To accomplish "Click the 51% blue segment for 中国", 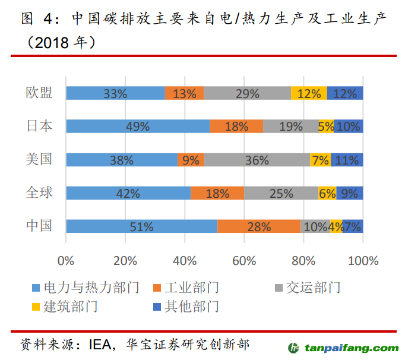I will tap(141, 226).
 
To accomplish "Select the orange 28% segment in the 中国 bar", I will tap(259, 226).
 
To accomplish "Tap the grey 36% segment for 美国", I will tap(257, 160).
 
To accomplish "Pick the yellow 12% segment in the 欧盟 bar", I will tap(309, 93).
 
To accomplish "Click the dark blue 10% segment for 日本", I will tap(349, 127).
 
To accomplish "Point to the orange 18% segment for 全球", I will tap(217, 193).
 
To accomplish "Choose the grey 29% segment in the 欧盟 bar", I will tap(247, 93).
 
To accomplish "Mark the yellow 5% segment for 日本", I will tap(326, 127).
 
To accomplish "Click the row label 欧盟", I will tap(39, 93).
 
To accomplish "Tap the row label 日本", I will tap(39, 126).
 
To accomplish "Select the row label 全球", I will tap(39, 192).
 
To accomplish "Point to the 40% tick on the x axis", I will tap(185, 260).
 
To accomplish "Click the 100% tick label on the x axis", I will tap(362, 260).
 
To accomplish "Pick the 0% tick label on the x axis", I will tap(66, 260).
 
